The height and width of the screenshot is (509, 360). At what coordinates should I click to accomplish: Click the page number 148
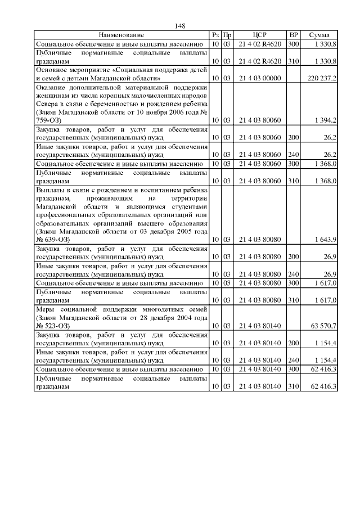coord(180,26)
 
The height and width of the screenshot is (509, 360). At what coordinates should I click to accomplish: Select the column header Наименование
coord(121,35)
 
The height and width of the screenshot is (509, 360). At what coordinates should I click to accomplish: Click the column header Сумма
coord(319,35)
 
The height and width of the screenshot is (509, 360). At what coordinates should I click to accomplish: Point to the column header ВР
coord(293,35)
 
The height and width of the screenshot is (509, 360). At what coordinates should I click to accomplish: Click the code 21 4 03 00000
coord(259,78)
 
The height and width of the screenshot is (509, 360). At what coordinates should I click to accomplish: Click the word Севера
coord(47,105)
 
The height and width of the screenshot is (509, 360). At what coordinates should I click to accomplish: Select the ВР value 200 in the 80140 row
coord(293,342)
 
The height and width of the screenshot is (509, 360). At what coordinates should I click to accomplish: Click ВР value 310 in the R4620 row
coord(293,60)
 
